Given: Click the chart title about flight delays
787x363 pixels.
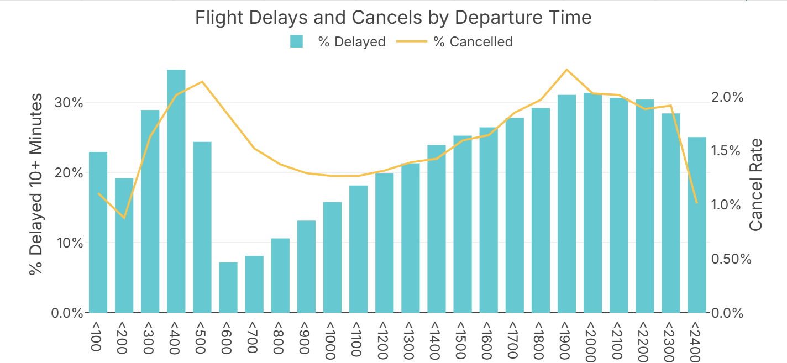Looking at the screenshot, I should [393, 18].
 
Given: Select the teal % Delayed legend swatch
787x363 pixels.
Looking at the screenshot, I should [297, 41].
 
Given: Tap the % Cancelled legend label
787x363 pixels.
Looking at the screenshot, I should [473, 41].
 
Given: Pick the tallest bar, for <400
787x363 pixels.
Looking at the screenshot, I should [176, 191].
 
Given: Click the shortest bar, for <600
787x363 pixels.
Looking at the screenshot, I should [228, 287].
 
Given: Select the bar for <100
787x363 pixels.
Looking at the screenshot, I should [98, 232].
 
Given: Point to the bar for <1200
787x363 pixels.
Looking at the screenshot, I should [385, 243].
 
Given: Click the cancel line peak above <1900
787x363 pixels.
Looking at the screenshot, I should [566, 70].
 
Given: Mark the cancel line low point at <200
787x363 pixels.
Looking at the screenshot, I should [124, 218].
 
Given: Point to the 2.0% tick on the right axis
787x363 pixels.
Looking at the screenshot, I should [727, 97].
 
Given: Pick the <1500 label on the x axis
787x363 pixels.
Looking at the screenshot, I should [462, 338].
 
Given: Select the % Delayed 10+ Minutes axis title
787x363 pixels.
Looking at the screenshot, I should [36, 185].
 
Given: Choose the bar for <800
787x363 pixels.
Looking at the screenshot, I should [280, 276].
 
